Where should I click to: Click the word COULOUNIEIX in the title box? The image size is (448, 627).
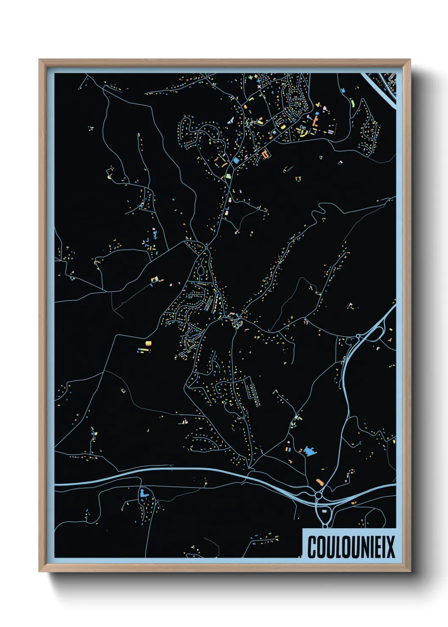click(x=351, y=547)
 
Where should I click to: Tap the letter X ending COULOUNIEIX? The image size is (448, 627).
click(x=390, y=547)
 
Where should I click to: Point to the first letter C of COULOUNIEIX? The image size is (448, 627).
click(x=312, y=547)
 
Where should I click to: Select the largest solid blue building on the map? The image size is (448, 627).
click(x=310, y=451)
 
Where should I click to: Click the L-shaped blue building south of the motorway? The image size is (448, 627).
click(x=143, y=493)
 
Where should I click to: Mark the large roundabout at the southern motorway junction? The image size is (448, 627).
click(x=318, y=495)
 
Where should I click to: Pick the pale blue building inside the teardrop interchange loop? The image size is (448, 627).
click(x=325, y=511)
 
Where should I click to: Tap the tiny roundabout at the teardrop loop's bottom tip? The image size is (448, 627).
click(x=325, y=526)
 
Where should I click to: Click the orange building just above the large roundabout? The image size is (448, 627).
click(x=320, y=482)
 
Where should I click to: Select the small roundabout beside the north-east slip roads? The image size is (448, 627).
click(x=358, y=336)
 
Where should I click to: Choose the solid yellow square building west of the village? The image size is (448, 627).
click(x=148, y=343)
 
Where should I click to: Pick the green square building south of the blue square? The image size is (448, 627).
click(x=228, y=175)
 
